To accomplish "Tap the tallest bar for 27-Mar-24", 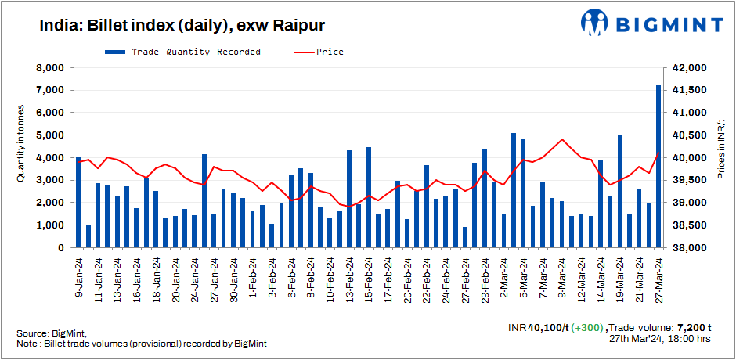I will [658, 166].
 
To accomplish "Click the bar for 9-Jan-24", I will [78, 202].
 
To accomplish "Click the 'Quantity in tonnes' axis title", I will [21, 157].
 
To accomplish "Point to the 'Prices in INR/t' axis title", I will [720, 157].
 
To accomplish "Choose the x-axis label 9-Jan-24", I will [78, 275].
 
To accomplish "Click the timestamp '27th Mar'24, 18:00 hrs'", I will [659, 340].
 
